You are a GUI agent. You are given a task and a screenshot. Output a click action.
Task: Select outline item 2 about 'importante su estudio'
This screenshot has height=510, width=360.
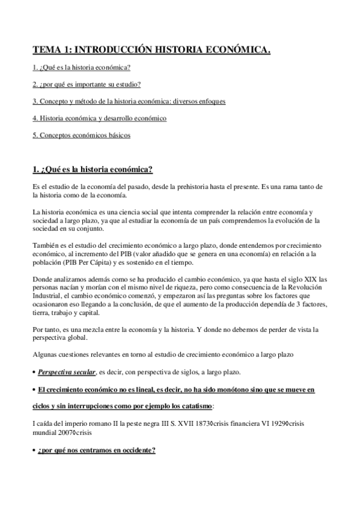pos(87,84)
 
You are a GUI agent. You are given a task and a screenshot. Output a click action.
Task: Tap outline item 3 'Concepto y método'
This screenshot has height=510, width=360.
pos(129,101)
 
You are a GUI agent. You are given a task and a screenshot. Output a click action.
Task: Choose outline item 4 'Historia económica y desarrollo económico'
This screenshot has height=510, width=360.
pos(99,118)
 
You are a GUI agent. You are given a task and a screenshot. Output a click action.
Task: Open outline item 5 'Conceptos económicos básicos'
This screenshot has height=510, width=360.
pos(81,135)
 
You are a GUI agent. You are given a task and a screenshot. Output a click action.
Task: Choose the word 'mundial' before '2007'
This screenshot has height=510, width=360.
pos(44,432)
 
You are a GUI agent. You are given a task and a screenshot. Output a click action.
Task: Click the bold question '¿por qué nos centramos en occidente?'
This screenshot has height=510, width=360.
pos(96,449)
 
